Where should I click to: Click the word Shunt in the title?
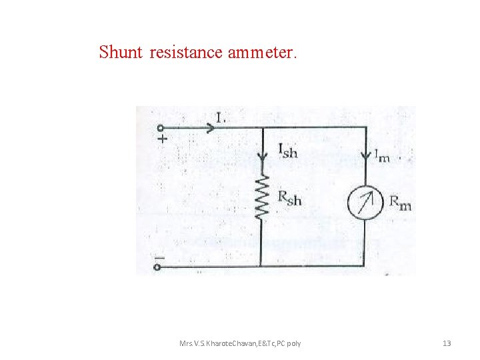[x=121, y=52]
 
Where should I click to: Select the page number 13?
[x=447, y=343]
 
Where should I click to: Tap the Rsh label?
[x=289, y=198]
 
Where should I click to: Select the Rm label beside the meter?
[x=400, y=201]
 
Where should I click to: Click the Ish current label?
[x=288, y=151]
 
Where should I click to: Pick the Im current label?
[x=381, y=156]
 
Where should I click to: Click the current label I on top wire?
[x=221, y=118]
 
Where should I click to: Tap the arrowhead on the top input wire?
[x=211, y=127]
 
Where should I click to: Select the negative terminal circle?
[x=159, y=267]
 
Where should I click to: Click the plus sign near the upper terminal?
[x=162, y=139]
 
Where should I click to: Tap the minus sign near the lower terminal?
[x=160, y=256]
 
